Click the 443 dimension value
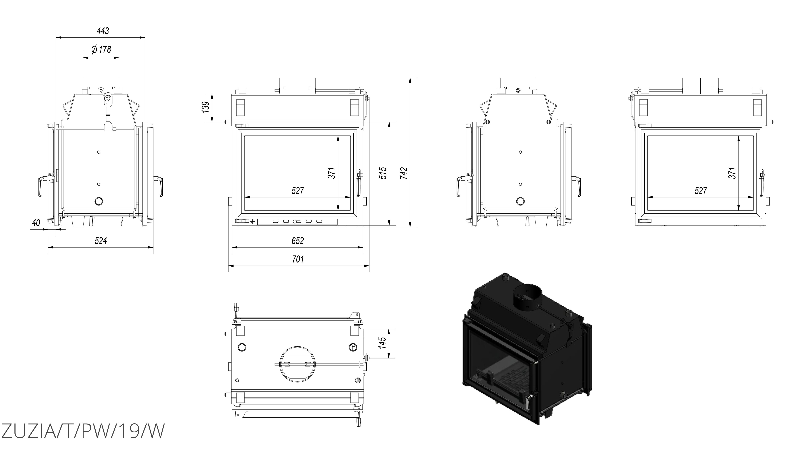(x=103, y=31)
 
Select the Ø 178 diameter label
(x=101, y=49)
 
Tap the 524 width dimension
(x=101, y=241)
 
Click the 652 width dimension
(x=297, y=241)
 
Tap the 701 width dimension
(x=297, y=259)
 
